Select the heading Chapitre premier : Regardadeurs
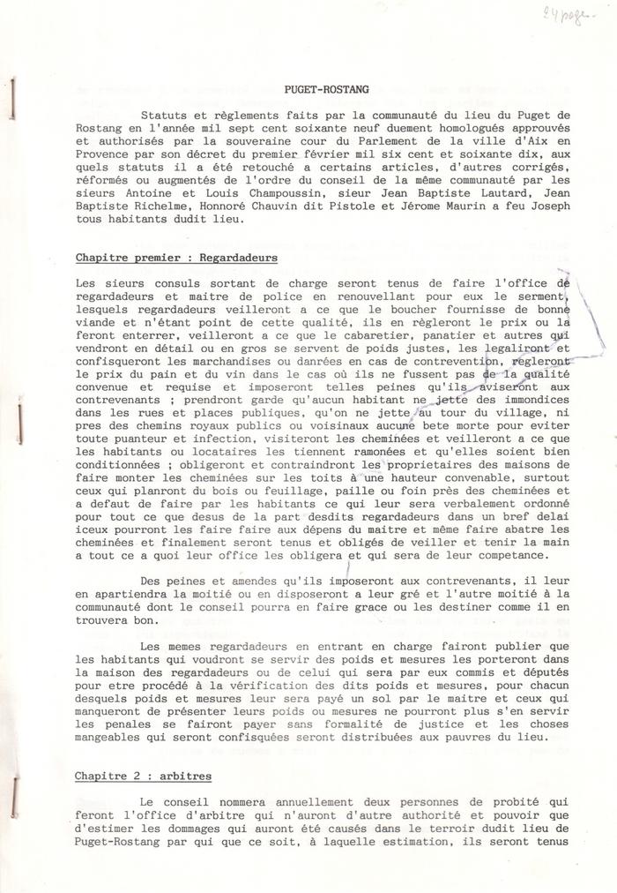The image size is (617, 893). [x=176, y=258]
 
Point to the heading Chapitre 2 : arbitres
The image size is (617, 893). [x=143, y=777]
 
